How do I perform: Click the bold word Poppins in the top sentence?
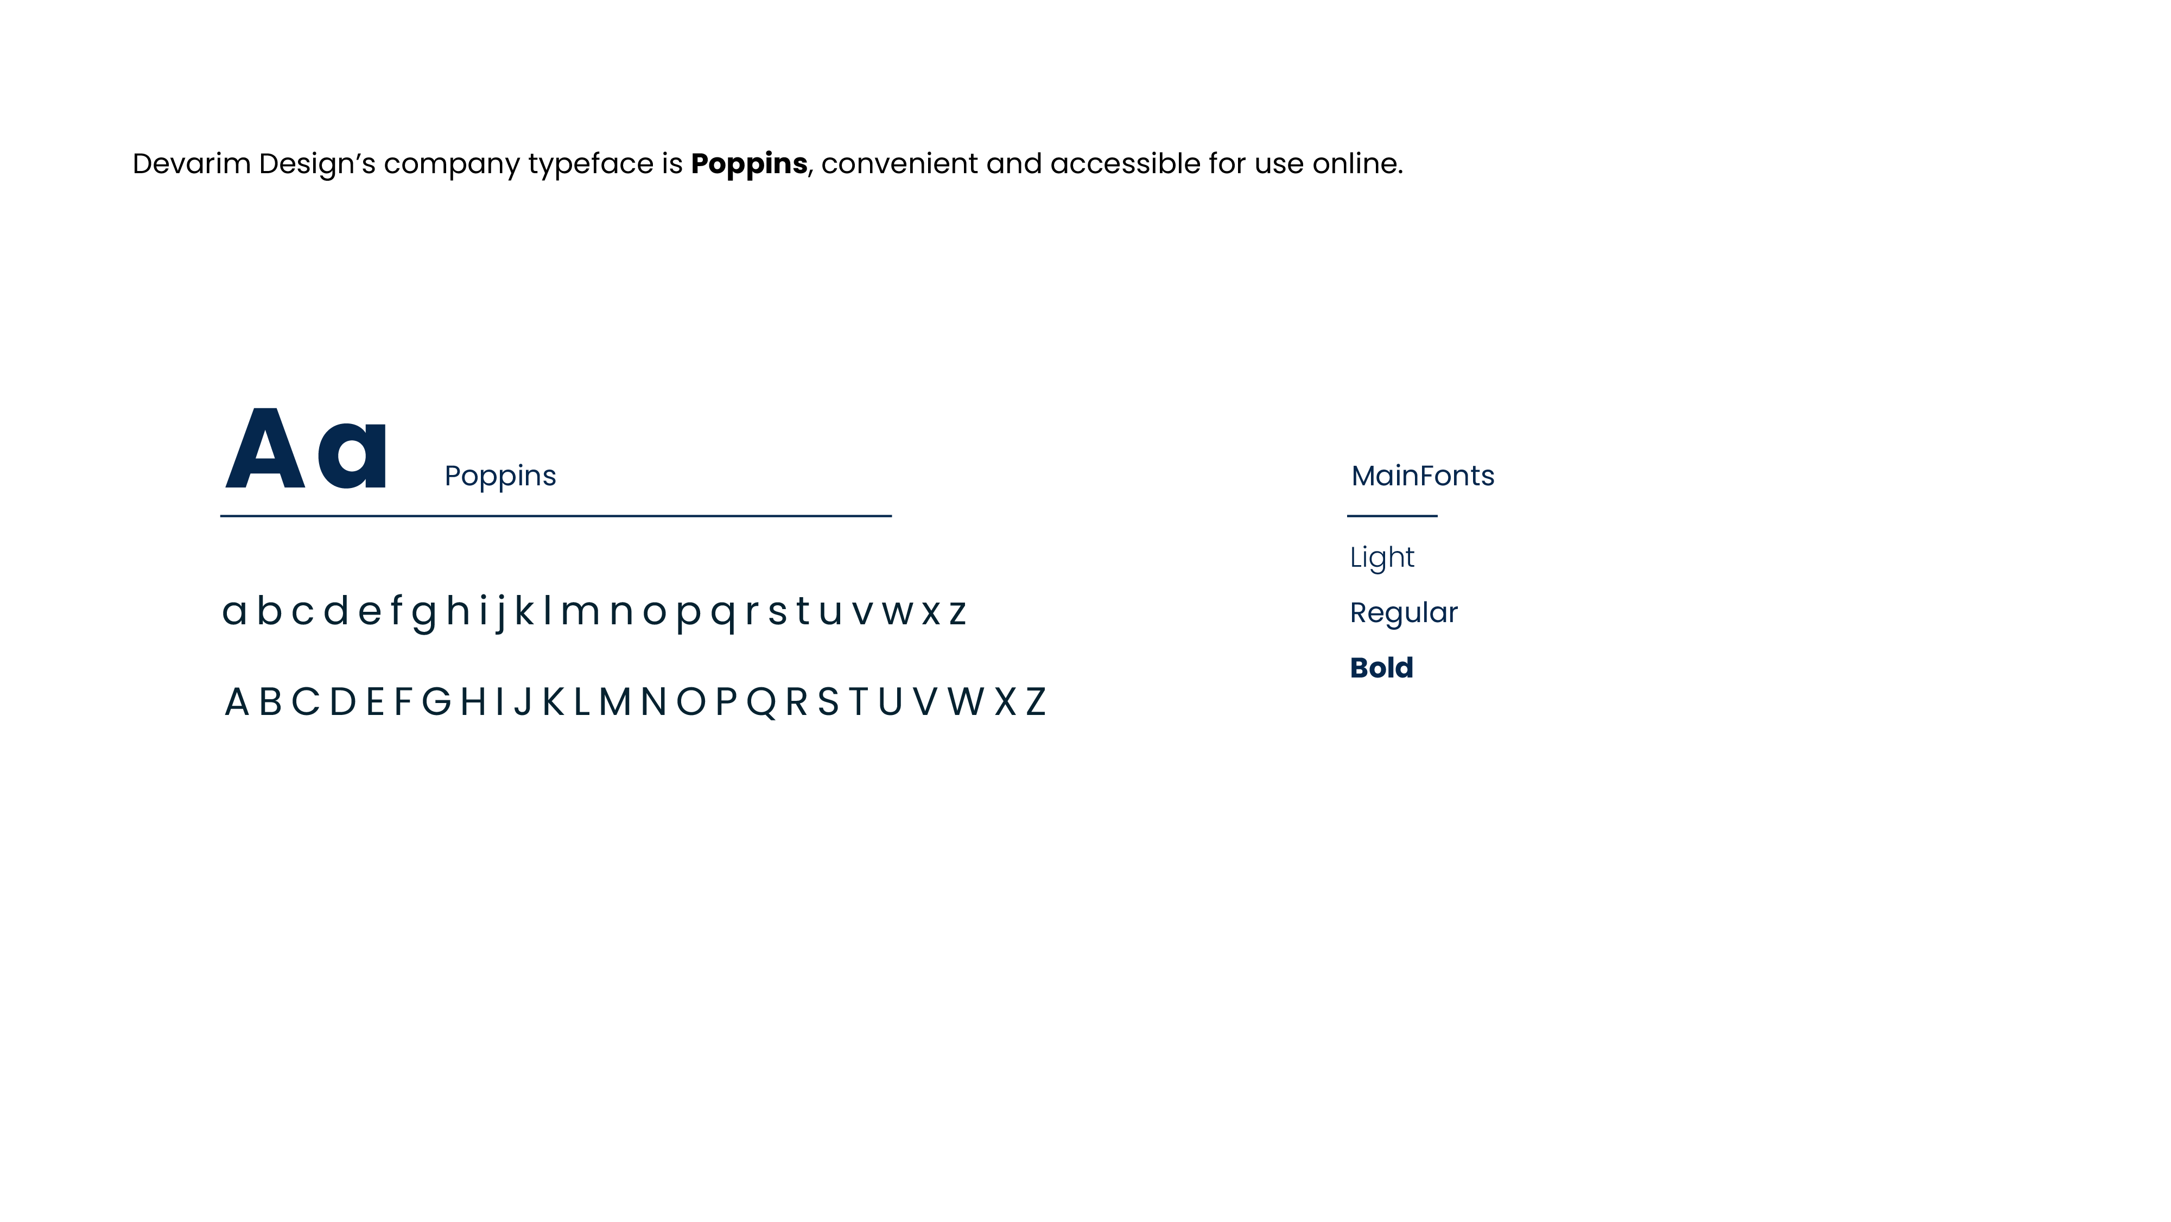[x=748, y=163]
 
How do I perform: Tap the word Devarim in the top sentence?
[x=191, y=163]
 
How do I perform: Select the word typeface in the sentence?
[x=590, y=163]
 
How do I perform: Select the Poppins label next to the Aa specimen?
[x=500, y=476]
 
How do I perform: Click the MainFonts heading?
[x=1423, y=476]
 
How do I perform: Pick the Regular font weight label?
[x=1403, y=613]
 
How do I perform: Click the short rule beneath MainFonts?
[x=1392, y=516]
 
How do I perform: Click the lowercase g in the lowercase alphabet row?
[x=424, y=613]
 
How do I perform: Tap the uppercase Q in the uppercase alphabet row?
[x=761, y=702]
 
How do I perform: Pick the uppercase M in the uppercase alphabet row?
[x=615, y=702]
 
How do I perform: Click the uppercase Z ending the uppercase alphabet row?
[x=1036, y=702]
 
